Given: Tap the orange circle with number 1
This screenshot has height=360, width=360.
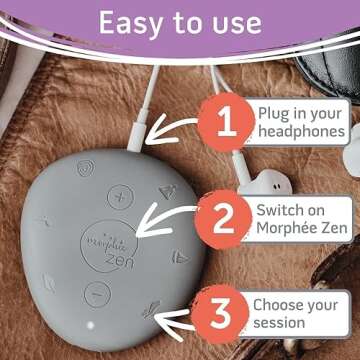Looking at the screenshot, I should pyautogui.click(x=226, y=123).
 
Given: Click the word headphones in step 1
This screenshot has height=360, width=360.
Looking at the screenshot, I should pyautogui.click(x=301, y=131).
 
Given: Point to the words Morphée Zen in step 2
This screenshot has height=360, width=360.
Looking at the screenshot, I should pyautogui.click(x=300, y=229).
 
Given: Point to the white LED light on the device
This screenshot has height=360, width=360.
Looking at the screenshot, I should pyautogui.click(x=89, y=325).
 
